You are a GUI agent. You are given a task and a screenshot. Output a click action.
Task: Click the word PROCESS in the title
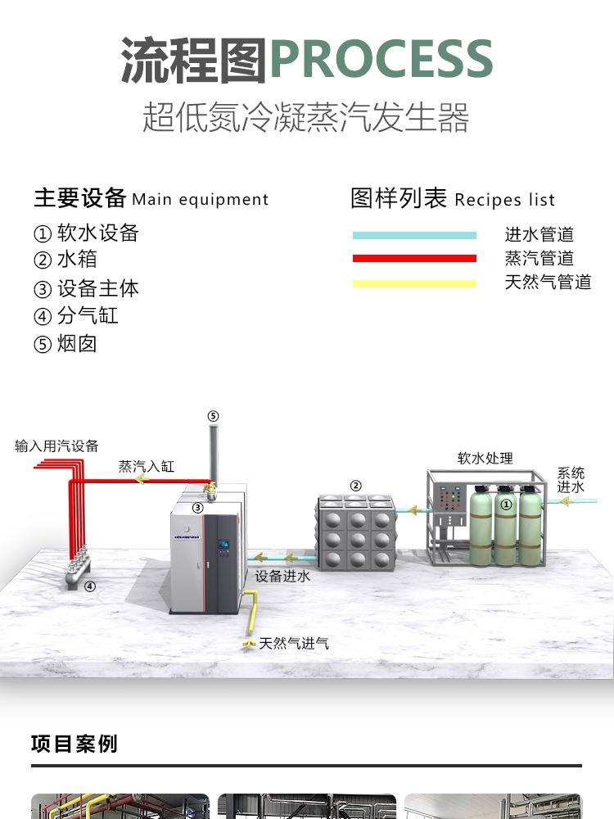click(x=381, y=59)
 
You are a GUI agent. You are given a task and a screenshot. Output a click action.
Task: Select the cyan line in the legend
click(x=414, y=236)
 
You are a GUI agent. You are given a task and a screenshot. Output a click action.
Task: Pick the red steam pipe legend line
click(x=414, y=259)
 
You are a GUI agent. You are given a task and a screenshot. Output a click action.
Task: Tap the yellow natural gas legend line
click(x=414, y=284)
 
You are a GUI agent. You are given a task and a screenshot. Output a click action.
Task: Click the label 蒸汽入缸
click(x=146, y=467)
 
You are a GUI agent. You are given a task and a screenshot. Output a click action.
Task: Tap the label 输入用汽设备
click(x=56, y=446)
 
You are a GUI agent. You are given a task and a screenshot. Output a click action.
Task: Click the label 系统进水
click(x=571, y=480)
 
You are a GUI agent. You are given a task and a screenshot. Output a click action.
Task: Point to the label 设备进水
click(x=282, y=577)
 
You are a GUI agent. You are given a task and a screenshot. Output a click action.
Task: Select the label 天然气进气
click(x=294, y=644)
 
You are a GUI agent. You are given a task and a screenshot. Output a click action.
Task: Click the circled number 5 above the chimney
click(x=213, y=416)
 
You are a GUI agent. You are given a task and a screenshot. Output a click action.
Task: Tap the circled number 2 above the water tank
click(x=355, y=486)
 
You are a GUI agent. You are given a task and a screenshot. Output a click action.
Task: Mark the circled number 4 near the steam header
click(x=90, y=586)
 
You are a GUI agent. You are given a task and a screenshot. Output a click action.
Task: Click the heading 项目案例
click(x=74, y=744)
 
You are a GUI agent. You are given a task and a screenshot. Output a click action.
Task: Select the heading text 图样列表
click(x=399, y=198)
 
